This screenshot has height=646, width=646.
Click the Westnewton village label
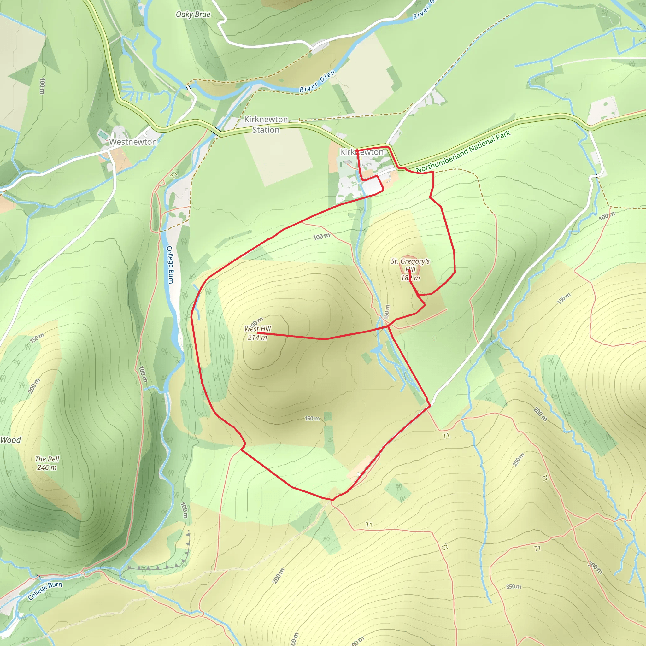(133, 142)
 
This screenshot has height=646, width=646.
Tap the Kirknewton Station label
(266, 124)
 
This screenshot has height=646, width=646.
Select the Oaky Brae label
(193, 14)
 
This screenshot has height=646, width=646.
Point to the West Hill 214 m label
(257, 333)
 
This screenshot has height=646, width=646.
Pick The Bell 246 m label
(47, 463)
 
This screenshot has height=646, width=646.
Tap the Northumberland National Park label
(463, 151)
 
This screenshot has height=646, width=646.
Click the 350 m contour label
(514, 586)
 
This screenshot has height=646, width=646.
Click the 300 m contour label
(595, 567)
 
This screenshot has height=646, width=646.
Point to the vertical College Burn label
(170, 265)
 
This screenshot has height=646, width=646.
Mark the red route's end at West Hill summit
(258, 333)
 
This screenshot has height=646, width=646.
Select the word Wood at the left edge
(11, 440)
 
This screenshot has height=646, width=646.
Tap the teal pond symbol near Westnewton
(103, 134)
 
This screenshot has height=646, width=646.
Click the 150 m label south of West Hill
(312, 418)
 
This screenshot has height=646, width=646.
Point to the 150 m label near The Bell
(37, 338)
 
